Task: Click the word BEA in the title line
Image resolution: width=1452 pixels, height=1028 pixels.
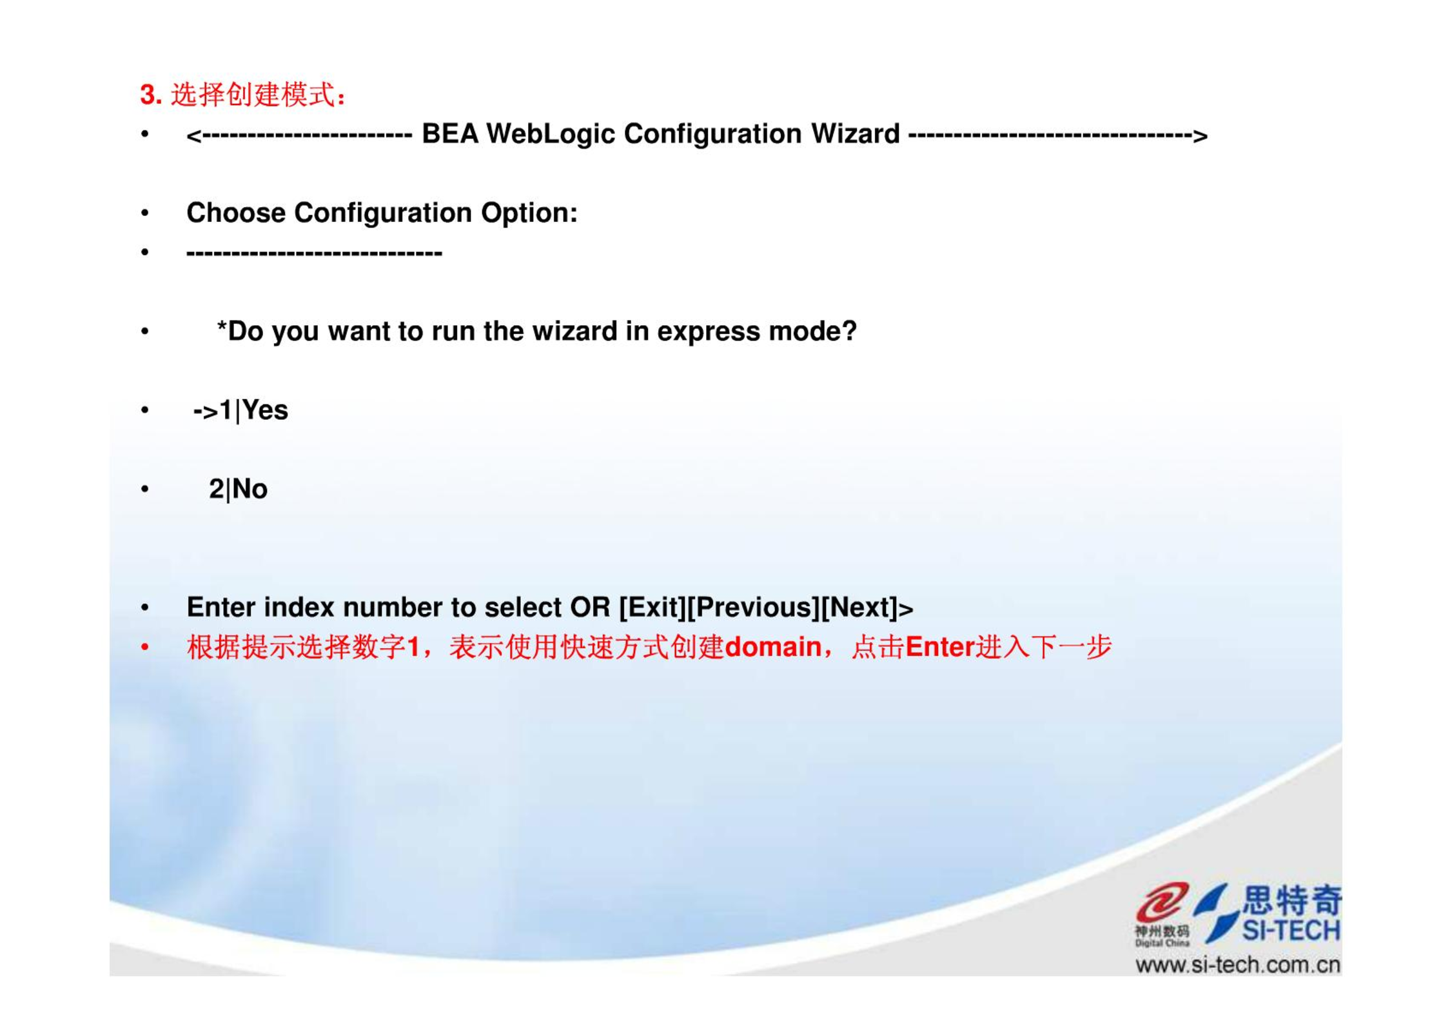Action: pyautogui.click(x=449, y=134)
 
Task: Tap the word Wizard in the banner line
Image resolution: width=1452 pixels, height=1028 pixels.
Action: pyautogui.click(x=855, y=134)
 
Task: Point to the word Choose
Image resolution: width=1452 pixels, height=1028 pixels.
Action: pyautogui.click(x=235, y=213)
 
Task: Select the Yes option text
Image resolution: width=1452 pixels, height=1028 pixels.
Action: pyautogui.click(x=265, y=410)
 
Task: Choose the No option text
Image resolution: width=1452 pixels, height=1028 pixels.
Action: pyautogui.click(x=250, y=489)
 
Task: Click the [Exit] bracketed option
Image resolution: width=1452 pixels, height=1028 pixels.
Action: pyautogui.click(x=652, y=608)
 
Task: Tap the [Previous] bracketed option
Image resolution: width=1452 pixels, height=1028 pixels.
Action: pyautogui.click(x=754, y=608)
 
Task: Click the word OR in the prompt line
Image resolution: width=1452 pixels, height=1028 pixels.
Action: pyautogui.click(x=590, y=608)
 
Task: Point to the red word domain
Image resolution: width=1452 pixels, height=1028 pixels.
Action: pyautogui.click(x=773, y=647)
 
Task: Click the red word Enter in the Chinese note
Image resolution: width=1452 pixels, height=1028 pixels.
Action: pyautogui.click(x=939, y=647)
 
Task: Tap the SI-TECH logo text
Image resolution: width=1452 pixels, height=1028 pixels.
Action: pyautogui.click(x=1291, y=931)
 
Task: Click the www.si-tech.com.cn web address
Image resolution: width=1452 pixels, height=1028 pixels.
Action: pyautogui.click(x=1238, y=965)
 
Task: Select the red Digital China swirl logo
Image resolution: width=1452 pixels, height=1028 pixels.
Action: pyautogui.click(x=1162, y=902)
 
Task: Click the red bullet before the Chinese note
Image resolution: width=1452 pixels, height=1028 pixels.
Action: pyautogui.click(x=145, y=647)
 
